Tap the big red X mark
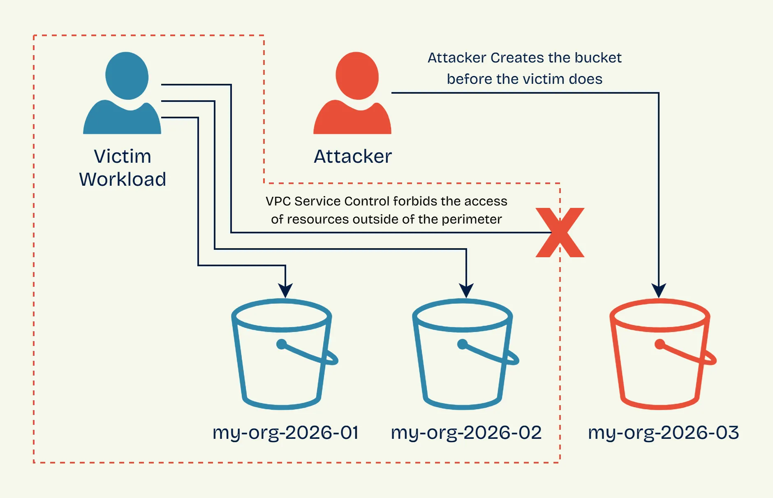(x=560, y=233)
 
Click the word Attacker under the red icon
(x=353, y=157)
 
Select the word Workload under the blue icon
(x=123, y=180)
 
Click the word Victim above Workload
(x=123, y=157)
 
